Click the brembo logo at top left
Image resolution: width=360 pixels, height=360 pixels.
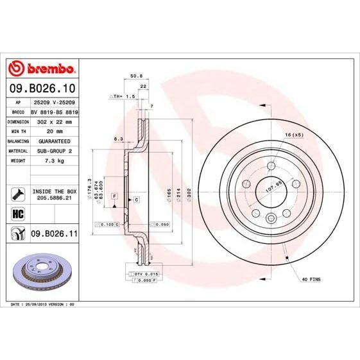pos(41,67)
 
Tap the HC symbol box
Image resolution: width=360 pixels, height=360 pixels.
pos(17,213)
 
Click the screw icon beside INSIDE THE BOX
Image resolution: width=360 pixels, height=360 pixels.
pos(17,192)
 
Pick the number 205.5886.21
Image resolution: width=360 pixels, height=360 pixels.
pos(54,199)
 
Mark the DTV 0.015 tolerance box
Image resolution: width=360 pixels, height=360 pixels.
pos(146,273)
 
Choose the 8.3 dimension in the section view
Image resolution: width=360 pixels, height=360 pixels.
pos(118,139)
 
